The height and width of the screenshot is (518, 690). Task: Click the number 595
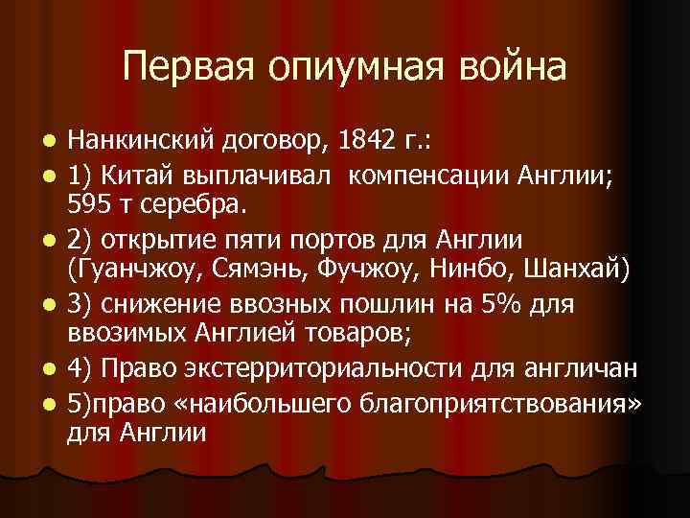(x=88, y=202)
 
